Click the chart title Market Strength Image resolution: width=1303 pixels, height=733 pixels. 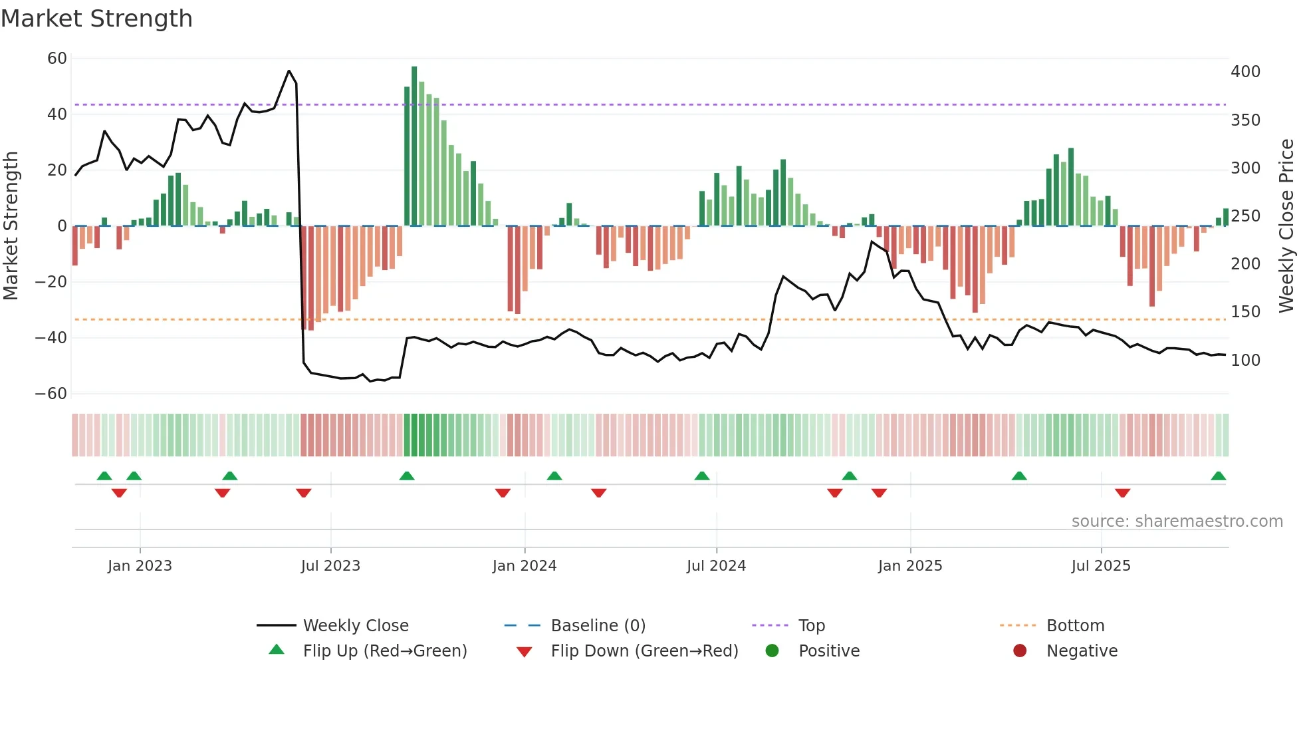tap(96, 19)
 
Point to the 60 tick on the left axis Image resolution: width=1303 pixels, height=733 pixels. tap(57, 59)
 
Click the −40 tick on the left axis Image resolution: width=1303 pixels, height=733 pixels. tap(51, 338)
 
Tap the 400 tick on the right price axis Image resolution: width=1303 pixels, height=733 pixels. tap(1245, 72)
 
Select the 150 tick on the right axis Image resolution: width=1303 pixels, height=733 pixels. tap(1245, 312)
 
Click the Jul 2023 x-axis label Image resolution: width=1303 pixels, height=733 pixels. tap(330, 566)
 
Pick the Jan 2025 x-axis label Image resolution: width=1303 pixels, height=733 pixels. tap(909, 566)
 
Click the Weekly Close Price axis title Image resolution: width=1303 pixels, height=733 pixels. tap(1286, 226)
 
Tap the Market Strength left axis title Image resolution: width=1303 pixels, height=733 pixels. tap(11, 226)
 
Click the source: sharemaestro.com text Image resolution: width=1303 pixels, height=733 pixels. tap(1177, 521)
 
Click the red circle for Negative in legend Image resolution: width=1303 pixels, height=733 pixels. tap(1020, 651)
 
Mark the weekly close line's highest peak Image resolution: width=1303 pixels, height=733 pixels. tap(289, 71)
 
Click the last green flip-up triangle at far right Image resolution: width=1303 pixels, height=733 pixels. tap(1218, 476)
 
